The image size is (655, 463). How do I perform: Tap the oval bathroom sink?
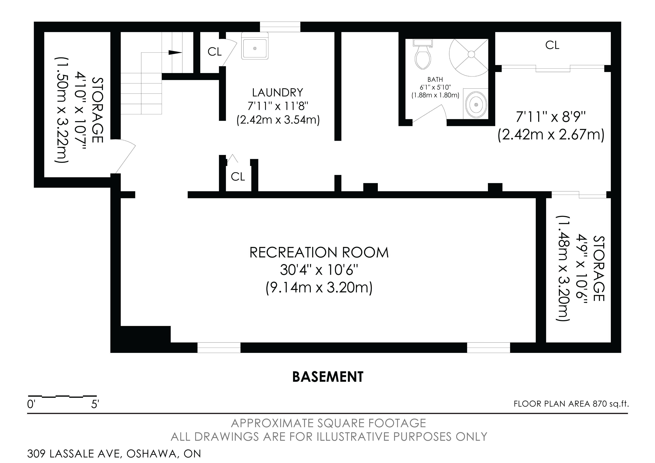point(476,105)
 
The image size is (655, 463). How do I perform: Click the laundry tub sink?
point(255,46)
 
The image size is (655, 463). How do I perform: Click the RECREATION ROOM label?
point(319,253)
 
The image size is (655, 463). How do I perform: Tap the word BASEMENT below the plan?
point(328,377)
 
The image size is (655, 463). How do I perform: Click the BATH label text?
point(435,80)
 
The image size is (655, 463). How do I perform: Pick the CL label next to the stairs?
point(215,52)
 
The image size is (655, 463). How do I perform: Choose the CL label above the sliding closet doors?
point(552,45)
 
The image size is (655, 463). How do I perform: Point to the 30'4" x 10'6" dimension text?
point(319,270)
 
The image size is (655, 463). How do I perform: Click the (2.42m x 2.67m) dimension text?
point(551,135)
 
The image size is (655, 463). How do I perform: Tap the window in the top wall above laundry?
point(280,27)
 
